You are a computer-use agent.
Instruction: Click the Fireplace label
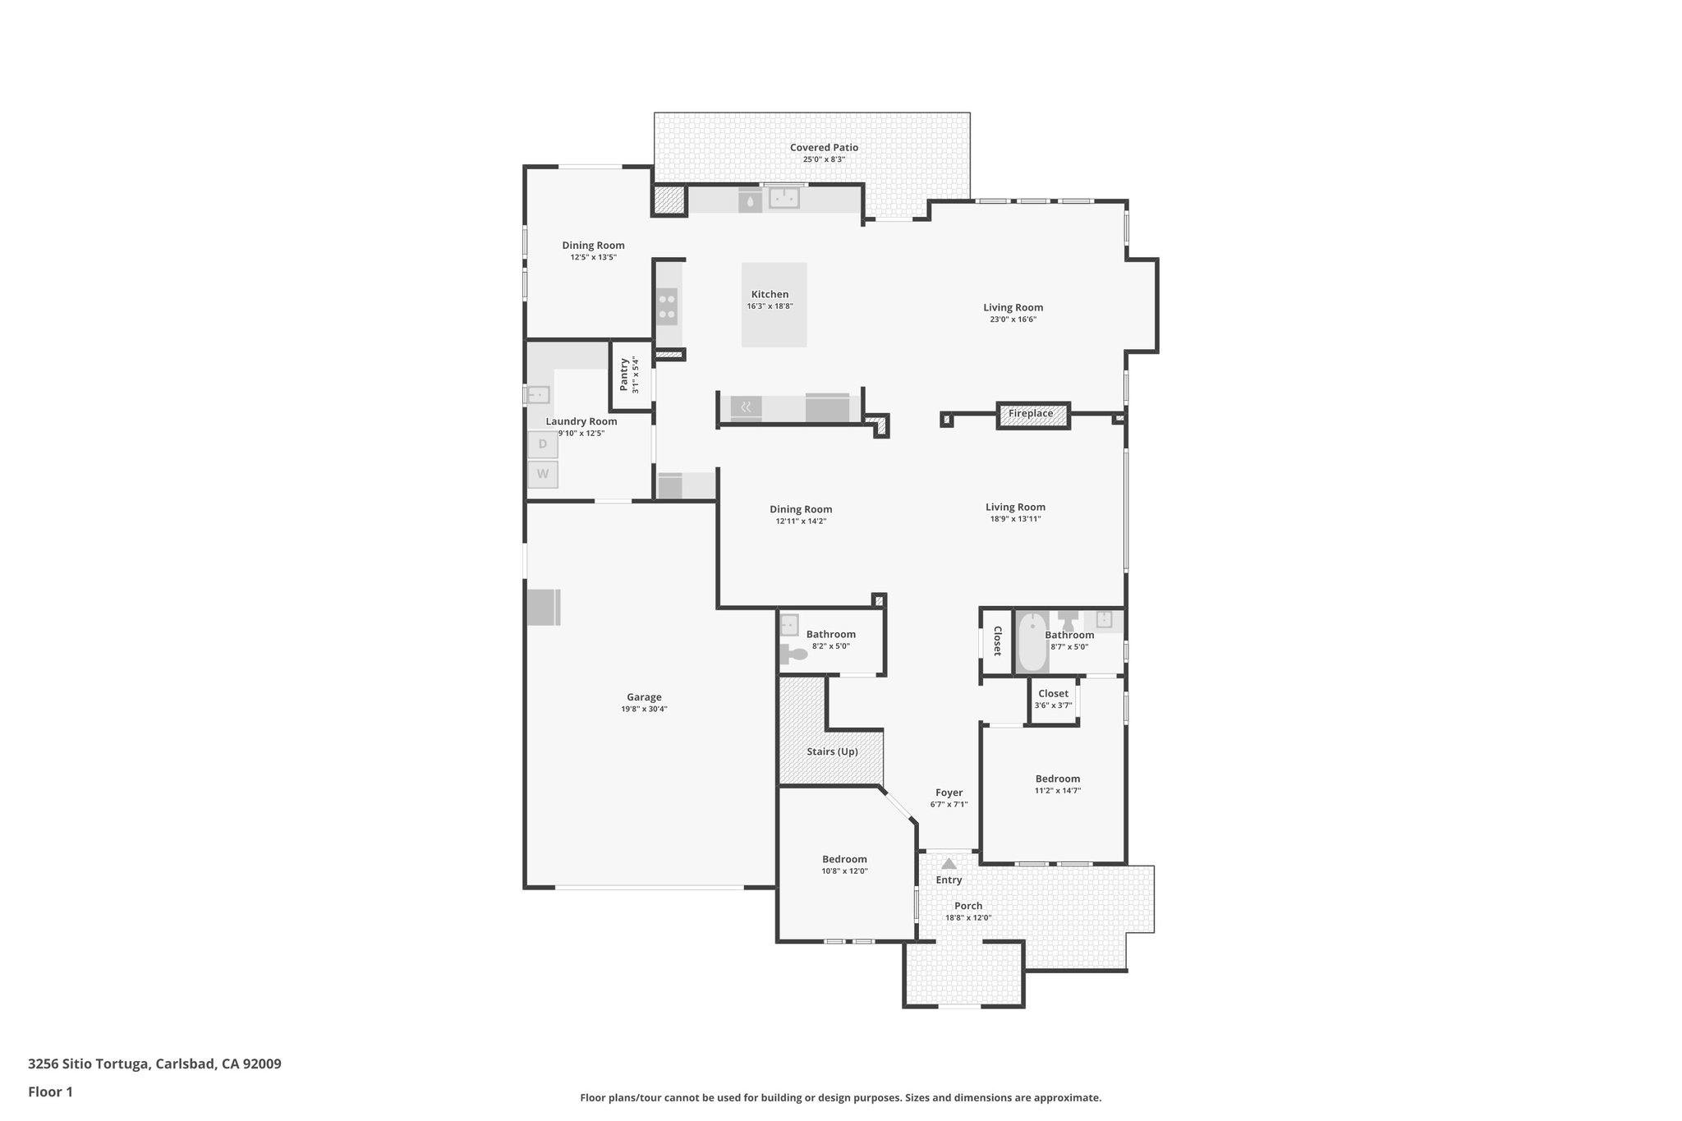(x=1031, y=414)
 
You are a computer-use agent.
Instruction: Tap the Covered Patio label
(x=824, y=148)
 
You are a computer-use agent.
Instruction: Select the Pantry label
(x=624, y=374)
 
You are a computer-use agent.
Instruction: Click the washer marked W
(x=543, y=474)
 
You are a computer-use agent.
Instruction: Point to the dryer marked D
(x=543, y=444)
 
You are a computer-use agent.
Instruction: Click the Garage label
(x=644, y=697)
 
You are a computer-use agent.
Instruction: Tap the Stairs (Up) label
(x=833, y=751)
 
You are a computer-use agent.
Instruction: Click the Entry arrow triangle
(x=949, y=863)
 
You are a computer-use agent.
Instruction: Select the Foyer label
(x=949, y=793)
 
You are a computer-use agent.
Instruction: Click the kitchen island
(x=774, y=305)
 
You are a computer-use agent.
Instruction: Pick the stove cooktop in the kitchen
(x=667, y=306)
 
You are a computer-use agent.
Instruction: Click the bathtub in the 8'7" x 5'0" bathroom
(x=1031, y=643)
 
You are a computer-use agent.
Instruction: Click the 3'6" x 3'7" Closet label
(x=1053, y=694)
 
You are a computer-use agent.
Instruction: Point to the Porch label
(x=968, y=906)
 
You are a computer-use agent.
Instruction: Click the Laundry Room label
(x=581, y=421)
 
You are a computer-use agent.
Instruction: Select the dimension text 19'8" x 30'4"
(x=644, y=709)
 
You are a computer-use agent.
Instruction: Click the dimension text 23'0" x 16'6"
(x=1013, y=319)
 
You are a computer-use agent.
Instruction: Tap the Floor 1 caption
(x=51, y=1092)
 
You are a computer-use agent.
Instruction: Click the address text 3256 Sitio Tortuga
(x=88, y=1064)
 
